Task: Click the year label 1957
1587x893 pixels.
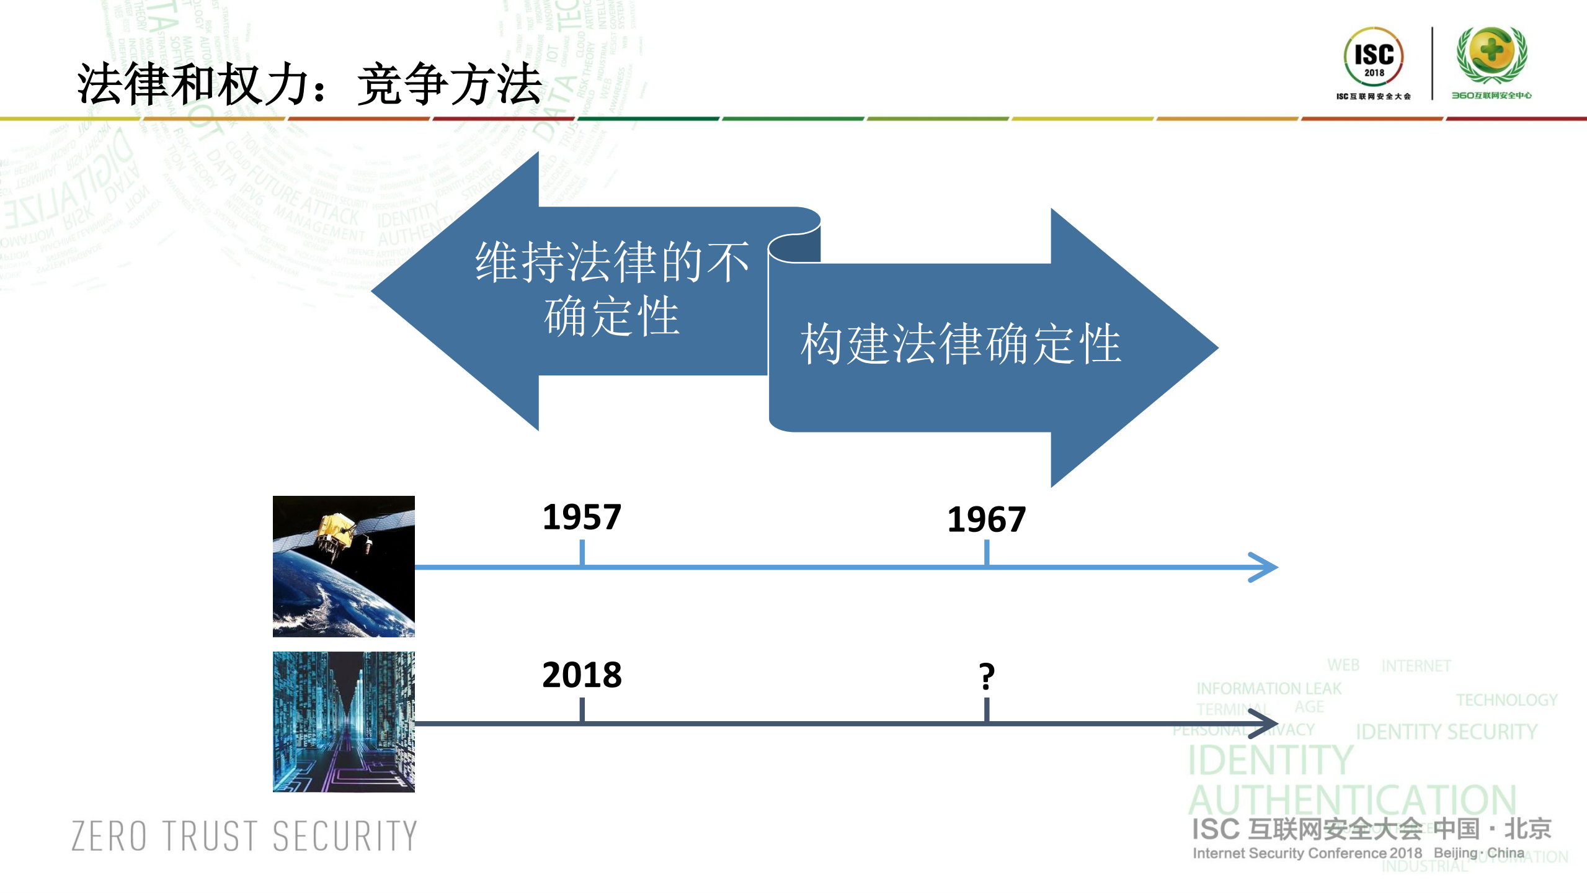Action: pos(581,517)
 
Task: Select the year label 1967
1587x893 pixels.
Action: pos(986,519)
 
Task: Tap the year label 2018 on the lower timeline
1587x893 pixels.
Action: pos(581,675)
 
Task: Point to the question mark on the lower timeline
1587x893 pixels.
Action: pos(986,676)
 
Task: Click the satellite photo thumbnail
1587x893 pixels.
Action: pos(344,566)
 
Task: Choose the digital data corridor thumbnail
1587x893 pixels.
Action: pos(344,722)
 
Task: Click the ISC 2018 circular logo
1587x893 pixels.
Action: pos(1374,57)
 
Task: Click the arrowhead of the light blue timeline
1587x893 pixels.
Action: pos(1265,567)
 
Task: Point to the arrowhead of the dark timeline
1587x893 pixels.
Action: pos(1265,724)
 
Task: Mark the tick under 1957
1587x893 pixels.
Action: pos(582,552)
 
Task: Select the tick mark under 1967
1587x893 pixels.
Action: pos(987,552)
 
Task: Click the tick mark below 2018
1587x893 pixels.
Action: pos(582,710)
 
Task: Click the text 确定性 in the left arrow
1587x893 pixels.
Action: pos(611,316)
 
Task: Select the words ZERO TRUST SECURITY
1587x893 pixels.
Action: pos(244,836)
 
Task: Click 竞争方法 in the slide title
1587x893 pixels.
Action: pos(450,84)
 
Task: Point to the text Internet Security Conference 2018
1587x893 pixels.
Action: pos(1307,853)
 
